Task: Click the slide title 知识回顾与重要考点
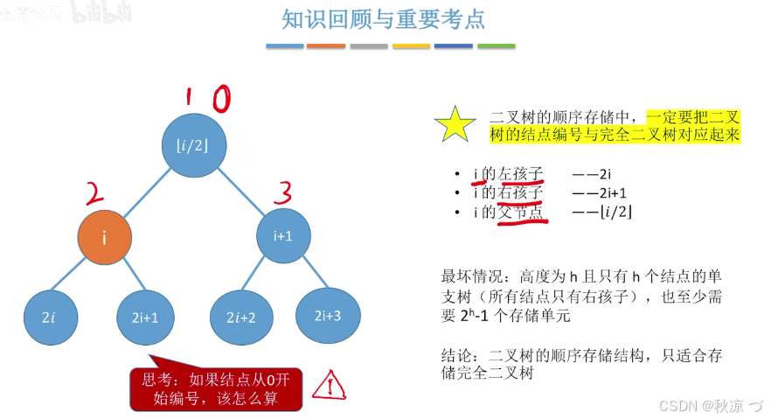point(384,19)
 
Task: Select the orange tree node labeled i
point(104,236)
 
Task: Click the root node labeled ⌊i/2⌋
point(193,144)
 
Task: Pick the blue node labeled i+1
point(283,234)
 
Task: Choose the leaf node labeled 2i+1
point(143,317)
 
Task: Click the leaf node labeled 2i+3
point(328,313)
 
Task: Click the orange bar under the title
point(326,46)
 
